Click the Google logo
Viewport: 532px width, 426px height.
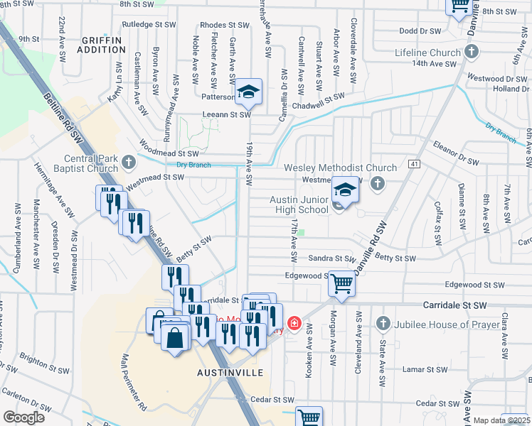pyautogui.click(x=23, y=417)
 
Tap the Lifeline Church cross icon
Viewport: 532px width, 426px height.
pyautogui.click(x=471, y=53)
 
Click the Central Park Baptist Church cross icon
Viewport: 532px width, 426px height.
pyautogui.click(x=129, y=163)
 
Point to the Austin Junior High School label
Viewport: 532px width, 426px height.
pyautogui.click(x=299, y=204)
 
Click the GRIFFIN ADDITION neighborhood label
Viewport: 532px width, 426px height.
pyautogui.click(x=103, y=45)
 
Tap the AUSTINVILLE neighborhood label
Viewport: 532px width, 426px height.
pyautogui.click(x=230, y=373)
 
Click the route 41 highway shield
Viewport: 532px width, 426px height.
pyautogui.click(x=413, y=164)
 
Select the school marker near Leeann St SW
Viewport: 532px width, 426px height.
pyautogui.click(x=248, y=91)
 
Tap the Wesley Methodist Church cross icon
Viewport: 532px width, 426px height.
pyautogui.click(x=378, y=184)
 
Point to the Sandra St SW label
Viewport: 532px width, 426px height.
pyautogui.click(x=331, y=259)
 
